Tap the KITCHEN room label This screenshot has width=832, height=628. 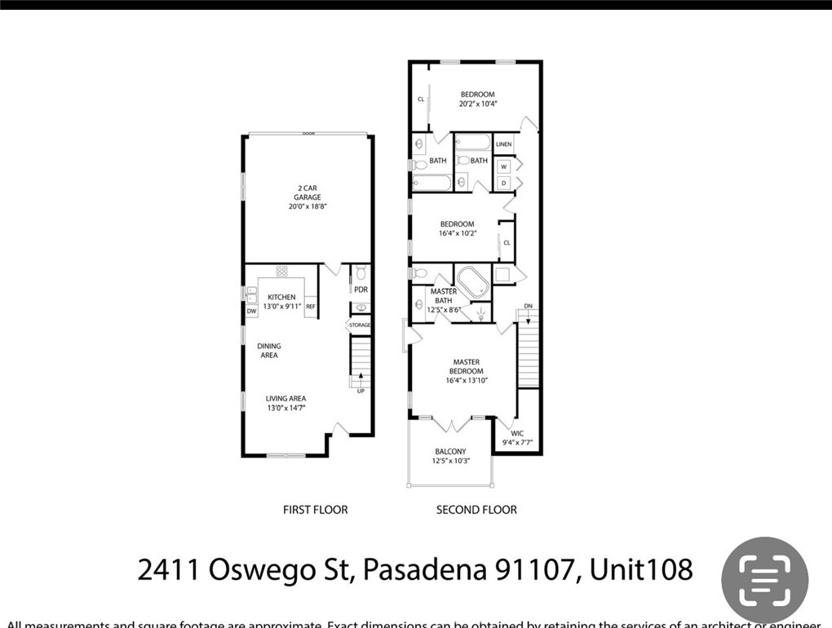point(281,297)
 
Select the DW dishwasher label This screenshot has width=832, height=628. point(251,311)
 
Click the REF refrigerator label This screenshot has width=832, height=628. point(311,307)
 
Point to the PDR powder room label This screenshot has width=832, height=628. point(361,290)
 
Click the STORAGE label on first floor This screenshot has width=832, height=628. point(360,325)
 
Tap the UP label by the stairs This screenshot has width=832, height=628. point(361,391)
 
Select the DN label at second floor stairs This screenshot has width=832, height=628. point(528,307)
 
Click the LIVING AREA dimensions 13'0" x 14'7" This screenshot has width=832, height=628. point(285,409)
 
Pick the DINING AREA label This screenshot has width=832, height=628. point(269,351)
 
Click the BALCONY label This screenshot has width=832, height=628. point(449,451)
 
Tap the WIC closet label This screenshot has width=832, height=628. point(517,433)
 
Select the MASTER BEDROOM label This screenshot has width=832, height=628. point(466,366)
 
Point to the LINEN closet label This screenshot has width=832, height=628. point(503,144)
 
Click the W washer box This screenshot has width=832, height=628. point(504,167)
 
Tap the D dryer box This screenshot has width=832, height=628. point(504,183)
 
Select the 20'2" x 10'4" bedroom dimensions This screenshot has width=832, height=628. point(477,104)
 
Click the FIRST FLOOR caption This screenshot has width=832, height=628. point(315,510)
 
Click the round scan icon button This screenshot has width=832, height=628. point(764,580)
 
